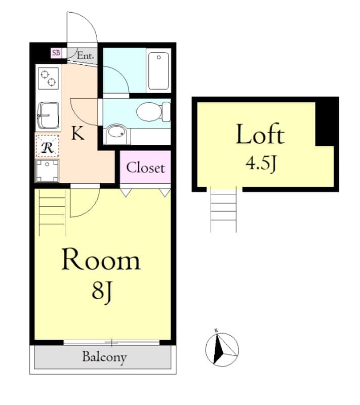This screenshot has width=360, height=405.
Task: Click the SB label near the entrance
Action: (56, 53)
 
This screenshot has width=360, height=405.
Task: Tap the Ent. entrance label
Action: (85, 56)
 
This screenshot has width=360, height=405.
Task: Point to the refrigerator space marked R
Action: (48, 147)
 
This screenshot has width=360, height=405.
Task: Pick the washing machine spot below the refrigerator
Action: (48, 170)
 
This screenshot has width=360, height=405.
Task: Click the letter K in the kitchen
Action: (77, 134)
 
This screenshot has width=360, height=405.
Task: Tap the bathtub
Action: (158, 70)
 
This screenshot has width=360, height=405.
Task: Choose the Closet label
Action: (145, 168)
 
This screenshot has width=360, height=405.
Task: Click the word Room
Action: (100, 260)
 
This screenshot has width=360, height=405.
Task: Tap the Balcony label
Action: (104, 357)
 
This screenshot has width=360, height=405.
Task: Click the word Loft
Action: (260, 135)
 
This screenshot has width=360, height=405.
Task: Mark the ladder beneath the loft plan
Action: (223, 209)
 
